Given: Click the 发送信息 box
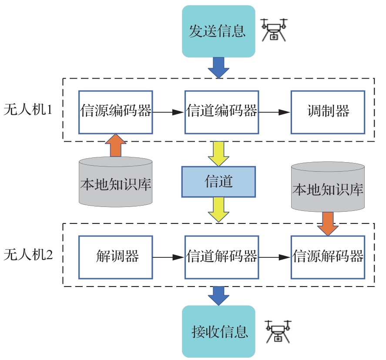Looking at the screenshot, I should click(x=218, y=31).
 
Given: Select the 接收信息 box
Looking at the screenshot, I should click(x=218, y=331).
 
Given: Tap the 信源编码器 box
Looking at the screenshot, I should click(x=116, y=112).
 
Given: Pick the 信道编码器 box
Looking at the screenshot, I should click(x=222, y=112).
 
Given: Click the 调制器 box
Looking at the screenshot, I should click(x=328, y=112).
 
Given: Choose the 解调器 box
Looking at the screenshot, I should click(x=116, y=257).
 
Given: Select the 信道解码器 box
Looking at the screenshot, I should click(x=222, y=257).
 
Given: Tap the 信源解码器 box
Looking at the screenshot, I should click(x=328, y=257).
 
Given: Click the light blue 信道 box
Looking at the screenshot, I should click(x=218, y=182).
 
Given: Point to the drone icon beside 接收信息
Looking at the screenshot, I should click(x=278, y=331).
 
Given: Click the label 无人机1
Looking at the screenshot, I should click(x=28, y=109).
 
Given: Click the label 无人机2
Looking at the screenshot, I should click(x=28, y=255).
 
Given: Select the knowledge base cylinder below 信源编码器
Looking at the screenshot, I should click(x=116, y=182).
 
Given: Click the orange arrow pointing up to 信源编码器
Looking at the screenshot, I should click(x=116, y=145).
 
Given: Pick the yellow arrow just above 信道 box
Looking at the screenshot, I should click(x=218, y=153).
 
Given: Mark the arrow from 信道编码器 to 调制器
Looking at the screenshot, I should click(x=275, y=112).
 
